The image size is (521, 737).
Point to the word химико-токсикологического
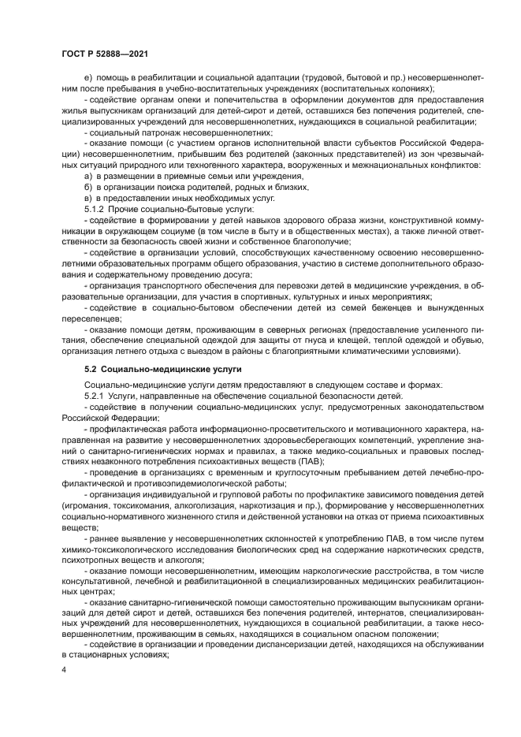point(115,548)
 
